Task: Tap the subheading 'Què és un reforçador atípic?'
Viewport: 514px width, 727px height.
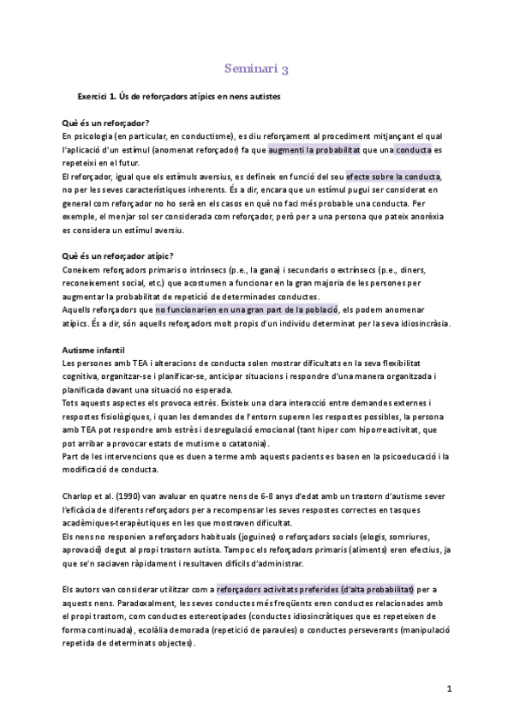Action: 118,255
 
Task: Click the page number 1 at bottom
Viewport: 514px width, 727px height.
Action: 449,688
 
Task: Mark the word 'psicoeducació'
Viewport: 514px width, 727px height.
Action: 397,456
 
